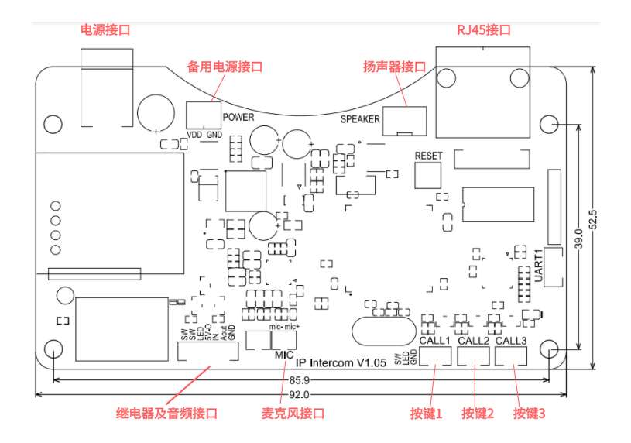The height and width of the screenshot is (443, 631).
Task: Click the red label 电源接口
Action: pos(106,30)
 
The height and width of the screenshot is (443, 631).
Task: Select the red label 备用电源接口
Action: pos(225,67)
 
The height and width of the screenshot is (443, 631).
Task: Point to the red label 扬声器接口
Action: pos(395,67)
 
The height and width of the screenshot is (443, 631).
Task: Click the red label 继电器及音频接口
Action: pos(166,414)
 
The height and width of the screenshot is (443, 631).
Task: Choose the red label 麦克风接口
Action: pos(293,414)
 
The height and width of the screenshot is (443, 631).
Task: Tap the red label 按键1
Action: pos(427,414)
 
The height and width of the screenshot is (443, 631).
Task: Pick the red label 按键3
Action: pos(530,414)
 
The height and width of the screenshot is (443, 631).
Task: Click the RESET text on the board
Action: pos(429,156)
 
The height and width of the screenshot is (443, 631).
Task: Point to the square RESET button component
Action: pos(427,175)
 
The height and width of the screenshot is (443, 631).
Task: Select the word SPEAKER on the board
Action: pos(360,119)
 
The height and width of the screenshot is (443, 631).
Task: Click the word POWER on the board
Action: pos(238,117)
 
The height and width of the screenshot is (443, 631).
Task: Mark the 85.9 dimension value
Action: pos(300,381)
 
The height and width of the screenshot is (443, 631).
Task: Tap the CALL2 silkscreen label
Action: pos(473,341)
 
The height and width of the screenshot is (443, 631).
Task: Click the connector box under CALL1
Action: pos(436,355)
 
